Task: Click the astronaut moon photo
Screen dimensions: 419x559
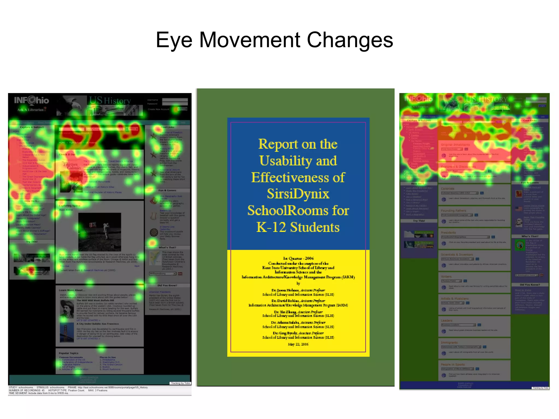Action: tap(100, 232)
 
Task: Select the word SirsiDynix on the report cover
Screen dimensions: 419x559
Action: tap(298, 194)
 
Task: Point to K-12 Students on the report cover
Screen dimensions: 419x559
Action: tap(298, 227)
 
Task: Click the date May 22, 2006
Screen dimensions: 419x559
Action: tap(298, 344)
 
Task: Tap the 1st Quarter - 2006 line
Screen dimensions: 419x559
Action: tap(298, 258)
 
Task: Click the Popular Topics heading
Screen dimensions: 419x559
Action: tap(69, 353)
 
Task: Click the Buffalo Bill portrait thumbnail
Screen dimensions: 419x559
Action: tap(67, 309)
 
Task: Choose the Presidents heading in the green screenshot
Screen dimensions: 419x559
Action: tap(448, 233)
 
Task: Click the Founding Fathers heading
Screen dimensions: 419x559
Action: tap(453, 211)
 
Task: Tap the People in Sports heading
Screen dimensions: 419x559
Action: tap(453, 364)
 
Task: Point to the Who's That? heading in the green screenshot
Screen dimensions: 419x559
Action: tap(530, 236)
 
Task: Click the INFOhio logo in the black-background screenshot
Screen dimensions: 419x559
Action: tap(32, 100)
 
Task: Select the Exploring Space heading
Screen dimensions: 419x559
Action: tap(70, 206)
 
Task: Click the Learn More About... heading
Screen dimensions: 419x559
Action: tap(72, 290)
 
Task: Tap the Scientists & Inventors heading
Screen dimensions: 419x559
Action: tap(457, 255)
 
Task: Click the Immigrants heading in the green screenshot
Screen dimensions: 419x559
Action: tap(449, 343)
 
